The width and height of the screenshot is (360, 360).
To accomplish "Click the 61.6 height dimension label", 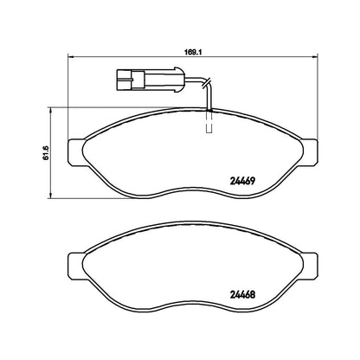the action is click(x=46, y=153).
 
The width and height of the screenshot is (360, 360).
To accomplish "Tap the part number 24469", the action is click(x=242, y=181).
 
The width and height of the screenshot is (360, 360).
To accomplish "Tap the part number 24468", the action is click(x=242, y=295).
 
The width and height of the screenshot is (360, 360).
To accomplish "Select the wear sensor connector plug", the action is click(x=150, y=80).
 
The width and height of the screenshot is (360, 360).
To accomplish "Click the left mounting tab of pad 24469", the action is click(x=75, y=152).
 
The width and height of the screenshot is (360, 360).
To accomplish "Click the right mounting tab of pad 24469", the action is click(x=310, y=152).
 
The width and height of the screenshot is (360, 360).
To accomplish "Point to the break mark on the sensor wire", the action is click(x=207, y=82).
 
